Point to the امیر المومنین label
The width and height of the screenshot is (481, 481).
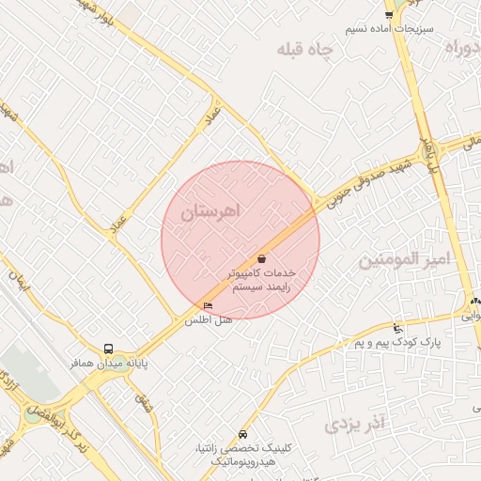405,257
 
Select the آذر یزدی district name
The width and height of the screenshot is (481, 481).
355,425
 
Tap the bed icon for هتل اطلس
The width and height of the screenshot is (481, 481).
208,305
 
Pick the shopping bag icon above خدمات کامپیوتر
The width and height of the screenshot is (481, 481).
261,258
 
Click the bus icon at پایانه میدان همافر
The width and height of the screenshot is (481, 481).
109,348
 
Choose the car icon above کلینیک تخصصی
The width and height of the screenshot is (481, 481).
243,435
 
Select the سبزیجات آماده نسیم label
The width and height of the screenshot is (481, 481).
389,29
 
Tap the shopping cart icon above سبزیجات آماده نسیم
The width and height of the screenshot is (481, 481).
389,14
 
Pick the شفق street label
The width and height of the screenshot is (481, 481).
143,403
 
